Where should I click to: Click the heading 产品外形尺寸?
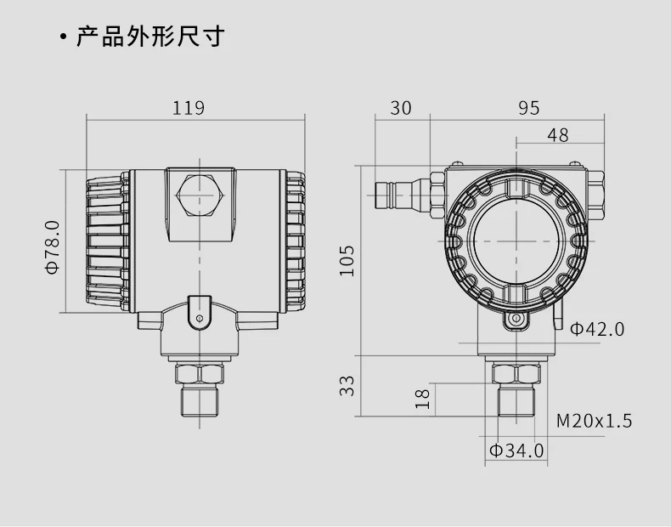coord(150,36)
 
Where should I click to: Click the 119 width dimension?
coord(189,108)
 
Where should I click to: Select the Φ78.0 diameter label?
coord(53,247)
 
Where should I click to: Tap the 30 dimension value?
coord(401,108)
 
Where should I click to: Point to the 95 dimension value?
coord(529,108)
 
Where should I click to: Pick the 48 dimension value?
coord(558,135)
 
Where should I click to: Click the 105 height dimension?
coord(347,261)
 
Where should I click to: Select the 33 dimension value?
coord(347,386)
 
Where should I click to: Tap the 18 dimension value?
coord(423,399)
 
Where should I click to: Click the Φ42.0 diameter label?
coord(597,329)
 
